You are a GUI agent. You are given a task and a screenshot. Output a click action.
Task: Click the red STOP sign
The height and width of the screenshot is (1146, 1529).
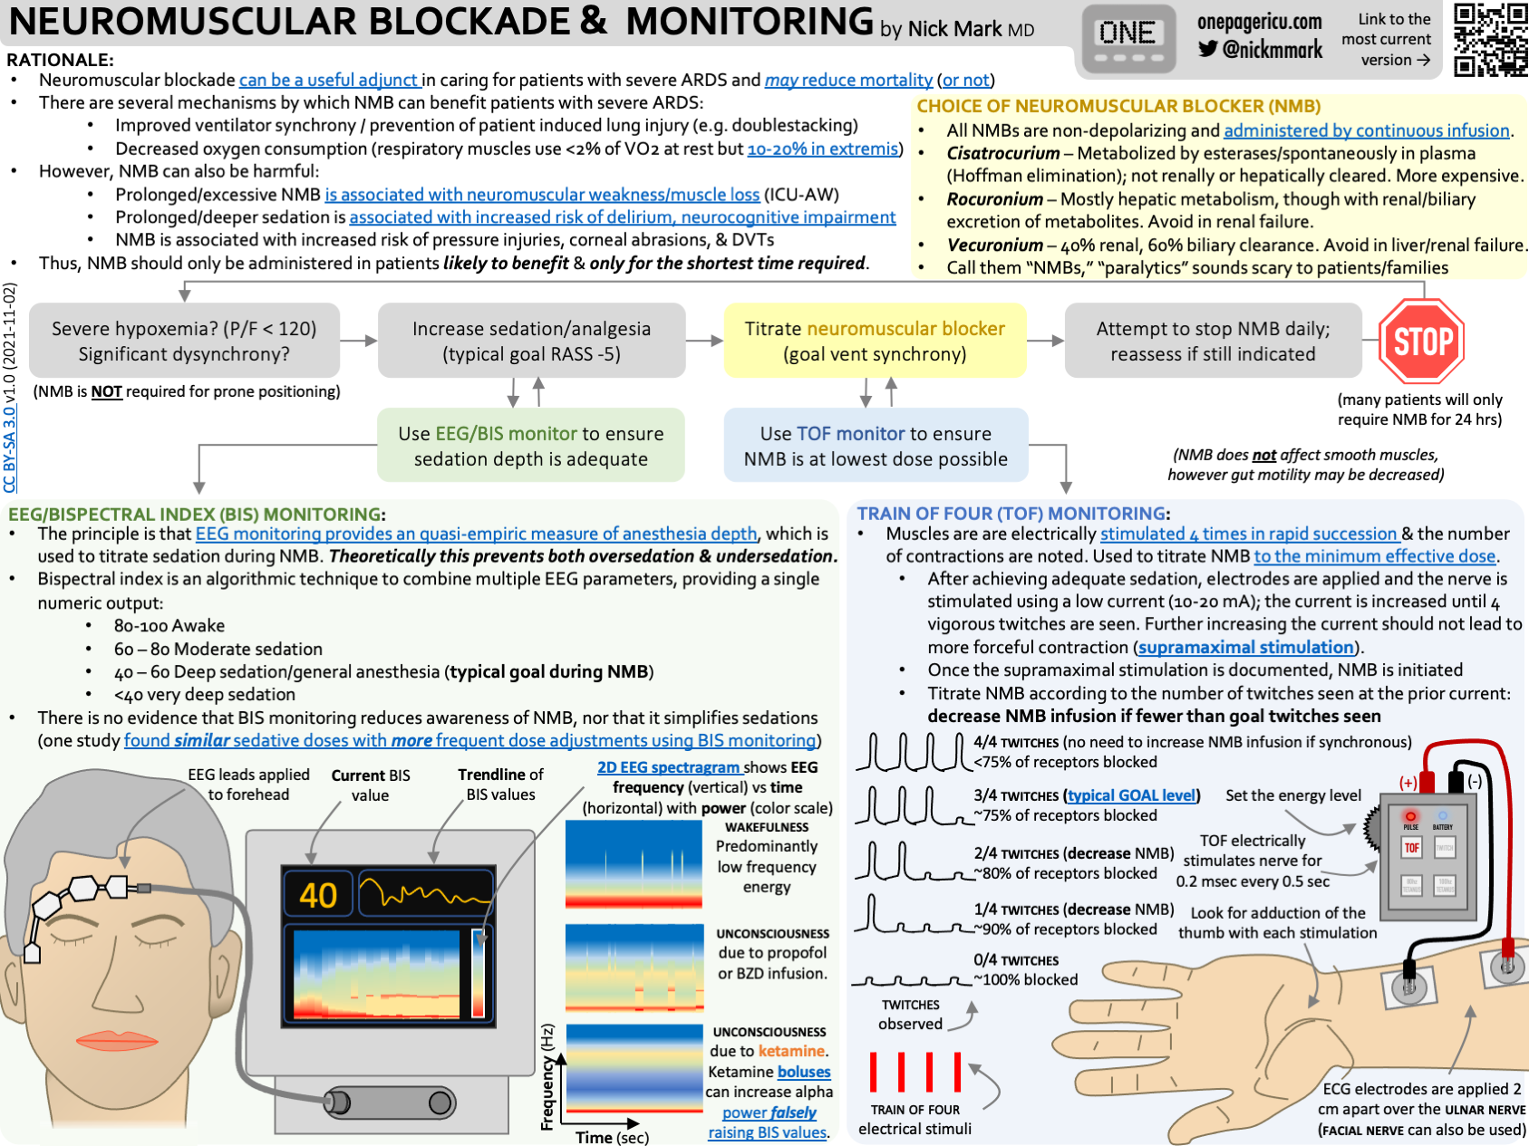coord(1421,342)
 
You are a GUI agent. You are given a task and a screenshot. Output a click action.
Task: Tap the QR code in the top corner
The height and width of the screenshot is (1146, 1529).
coord(1490,40)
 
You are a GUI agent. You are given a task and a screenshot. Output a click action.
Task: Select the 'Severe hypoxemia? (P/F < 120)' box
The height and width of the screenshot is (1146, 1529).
coord(184,341)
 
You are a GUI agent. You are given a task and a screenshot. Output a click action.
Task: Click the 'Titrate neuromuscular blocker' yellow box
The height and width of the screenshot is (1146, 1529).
coord(875,341)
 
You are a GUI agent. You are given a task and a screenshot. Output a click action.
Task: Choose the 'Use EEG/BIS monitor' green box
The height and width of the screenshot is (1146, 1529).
coord(530,446)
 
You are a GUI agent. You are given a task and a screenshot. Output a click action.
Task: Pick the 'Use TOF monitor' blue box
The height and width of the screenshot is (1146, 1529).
coord(876,446)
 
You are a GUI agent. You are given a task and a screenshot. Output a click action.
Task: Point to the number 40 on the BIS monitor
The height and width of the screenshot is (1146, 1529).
coord(318,895)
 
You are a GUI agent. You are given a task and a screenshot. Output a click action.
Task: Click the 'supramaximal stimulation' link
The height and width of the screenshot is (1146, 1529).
coord(1246,647)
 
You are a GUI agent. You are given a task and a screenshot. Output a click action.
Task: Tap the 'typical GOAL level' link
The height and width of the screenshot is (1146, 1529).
coord(1132,795)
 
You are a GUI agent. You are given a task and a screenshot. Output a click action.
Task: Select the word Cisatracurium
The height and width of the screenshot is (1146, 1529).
coord(1002,153)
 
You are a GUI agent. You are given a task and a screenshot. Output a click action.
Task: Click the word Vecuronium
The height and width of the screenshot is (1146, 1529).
coord(994,245)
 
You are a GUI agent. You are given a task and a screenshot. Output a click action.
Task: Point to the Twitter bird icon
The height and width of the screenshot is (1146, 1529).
coord(1207,49)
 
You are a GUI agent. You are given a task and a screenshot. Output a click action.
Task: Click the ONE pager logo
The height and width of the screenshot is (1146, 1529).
coord(1127,40)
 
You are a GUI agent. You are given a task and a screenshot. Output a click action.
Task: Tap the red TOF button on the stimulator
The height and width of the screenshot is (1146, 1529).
coord(1411,848)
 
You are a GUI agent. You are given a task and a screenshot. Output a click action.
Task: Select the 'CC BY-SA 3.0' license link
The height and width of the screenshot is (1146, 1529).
coord(10,449)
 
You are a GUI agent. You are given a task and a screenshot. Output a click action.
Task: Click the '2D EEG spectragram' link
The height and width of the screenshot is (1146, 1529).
coord(668,767)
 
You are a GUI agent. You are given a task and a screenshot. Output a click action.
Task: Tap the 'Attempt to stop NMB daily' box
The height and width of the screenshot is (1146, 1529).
coord(1213,341)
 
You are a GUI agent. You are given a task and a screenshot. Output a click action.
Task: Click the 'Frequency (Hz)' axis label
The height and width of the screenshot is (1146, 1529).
coord(547,1077)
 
